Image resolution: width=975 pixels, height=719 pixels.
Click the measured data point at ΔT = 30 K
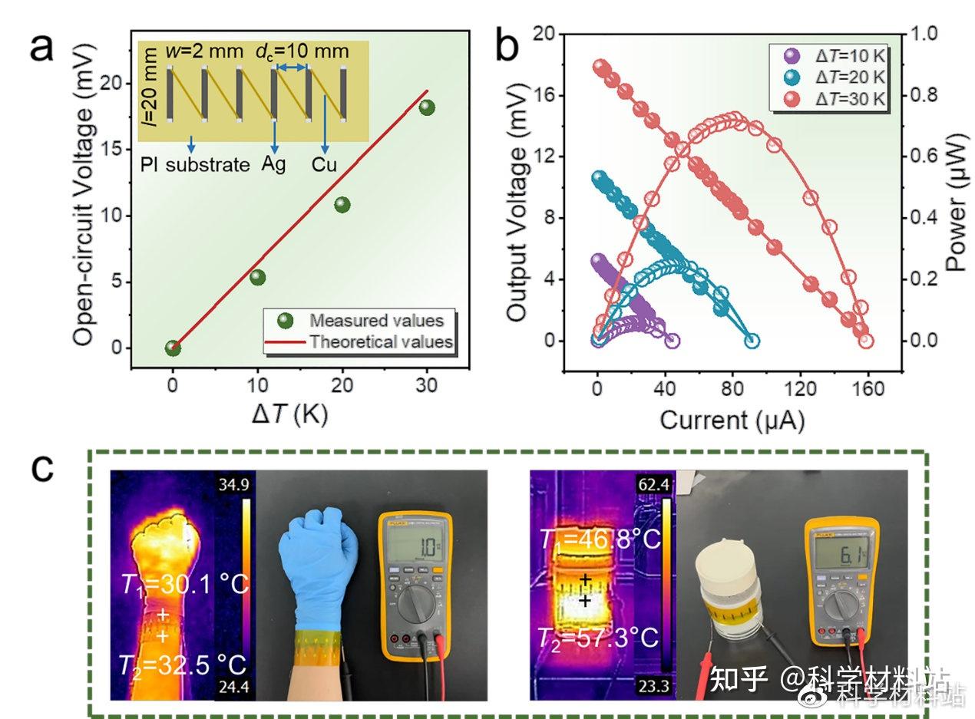coord(428,107)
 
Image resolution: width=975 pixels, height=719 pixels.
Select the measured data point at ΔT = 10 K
coord(258,277)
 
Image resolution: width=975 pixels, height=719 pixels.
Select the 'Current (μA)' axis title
coord(732,420)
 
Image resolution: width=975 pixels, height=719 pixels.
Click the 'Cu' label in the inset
coord(325,164)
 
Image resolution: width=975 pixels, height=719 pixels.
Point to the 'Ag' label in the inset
coord(273,164)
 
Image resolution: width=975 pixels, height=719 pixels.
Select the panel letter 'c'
coord(44,467)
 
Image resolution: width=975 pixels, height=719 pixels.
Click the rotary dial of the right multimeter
coord(842,606)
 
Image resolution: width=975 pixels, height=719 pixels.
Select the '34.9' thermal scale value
coord(234,485)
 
